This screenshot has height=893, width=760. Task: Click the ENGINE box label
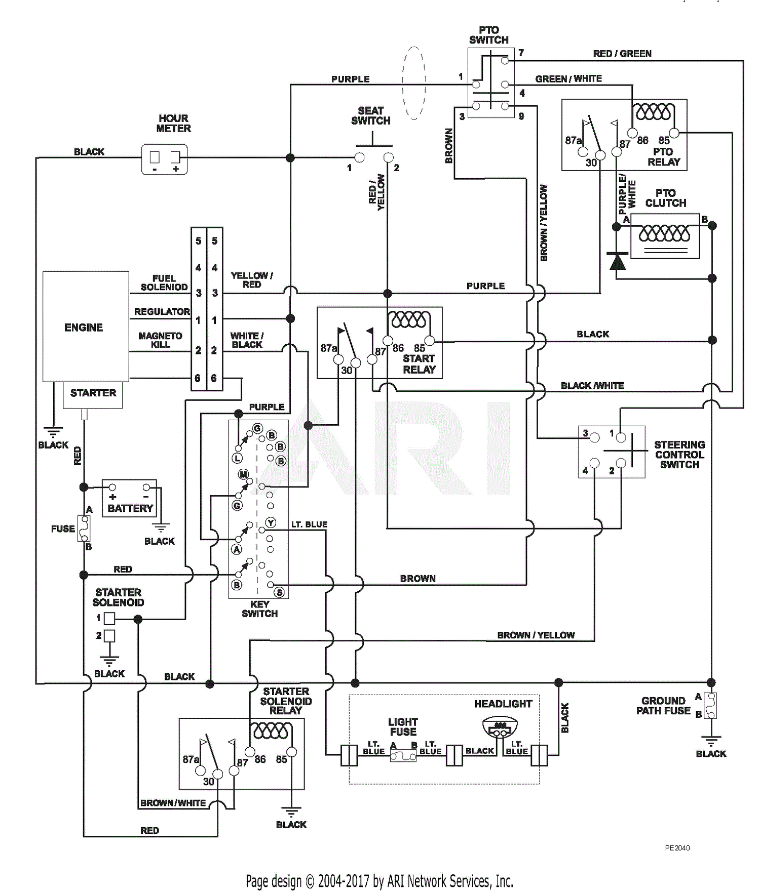click(x=84, y=328)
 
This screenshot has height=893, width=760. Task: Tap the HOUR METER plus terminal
click(x=175, y=157)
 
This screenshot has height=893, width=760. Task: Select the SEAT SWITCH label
click(x=371, y=115)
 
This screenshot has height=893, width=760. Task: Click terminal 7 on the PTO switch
click(x=505, y=61)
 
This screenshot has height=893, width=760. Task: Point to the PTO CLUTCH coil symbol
click(x=664, y=234)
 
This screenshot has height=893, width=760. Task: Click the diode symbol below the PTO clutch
click(x=617, y=261)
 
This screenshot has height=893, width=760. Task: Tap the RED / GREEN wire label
click(x=622, y=54)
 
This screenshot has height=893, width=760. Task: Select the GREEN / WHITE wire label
click(x=568, y=79)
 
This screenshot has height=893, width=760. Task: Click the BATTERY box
click(x=130, y=499)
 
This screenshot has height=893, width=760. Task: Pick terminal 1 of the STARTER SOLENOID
click(x=109, y=618)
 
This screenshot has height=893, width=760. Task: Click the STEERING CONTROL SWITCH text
click(x=679, y=454)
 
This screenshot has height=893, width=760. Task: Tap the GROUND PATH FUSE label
click(x=663, y=706)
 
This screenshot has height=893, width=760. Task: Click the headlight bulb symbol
click(x=500, y=727)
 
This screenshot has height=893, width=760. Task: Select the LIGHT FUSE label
click(x=403, y=727)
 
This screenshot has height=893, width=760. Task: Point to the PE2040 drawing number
click(x=677, y=848)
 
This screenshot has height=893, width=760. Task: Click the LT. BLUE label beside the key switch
click(x=309, y=524)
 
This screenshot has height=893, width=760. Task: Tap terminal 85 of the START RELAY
click(x=430, y=340)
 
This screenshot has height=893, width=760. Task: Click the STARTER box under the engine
click(x=93, y=393)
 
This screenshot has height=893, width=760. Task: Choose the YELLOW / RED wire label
click(x=251, y=280)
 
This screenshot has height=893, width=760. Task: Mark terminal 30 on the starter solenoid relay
click(x=218, y=774)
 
